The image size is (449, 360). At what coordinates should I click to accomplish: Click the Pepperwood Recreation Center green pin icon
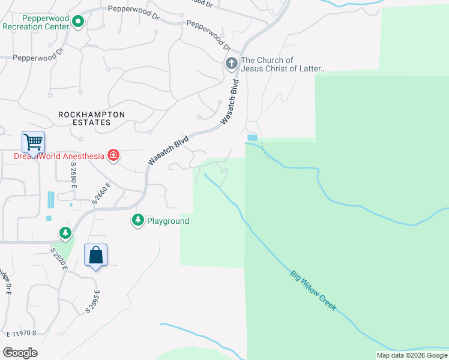78,23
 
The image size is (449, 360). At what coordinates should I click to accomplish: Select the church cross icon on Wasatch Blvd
232,63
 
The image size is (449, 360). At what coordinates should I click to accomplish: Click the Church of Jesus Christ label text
282,64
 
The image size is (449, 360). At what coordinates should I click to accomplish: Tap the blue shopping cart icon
33,142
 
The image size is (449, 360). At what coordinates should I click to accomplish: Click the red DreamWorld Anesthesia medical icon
113,156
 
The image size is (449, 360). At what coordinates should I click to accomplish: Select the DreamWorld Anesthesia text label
59,157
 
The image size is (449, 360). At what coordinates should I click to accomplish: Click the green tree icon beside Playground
138,221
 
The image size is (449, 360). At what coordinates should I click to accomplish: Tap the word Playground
168,221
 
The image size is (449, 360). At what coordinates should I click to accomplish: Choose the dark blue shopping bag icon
96,256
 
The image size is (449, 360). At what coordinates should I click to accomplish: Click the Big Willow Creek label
313,291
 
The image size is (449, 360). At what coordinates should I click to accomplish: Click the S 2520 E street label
59,259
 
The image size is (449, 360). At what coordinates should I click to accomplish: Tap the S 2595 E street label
92,301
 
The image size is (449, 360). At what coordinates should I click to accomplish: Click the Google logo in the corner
20,353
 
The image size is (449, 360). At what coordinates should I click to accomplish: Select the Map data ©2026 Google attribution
411,355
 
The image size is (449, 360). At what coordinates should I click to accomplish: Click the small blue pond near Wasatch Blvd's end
252,138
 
